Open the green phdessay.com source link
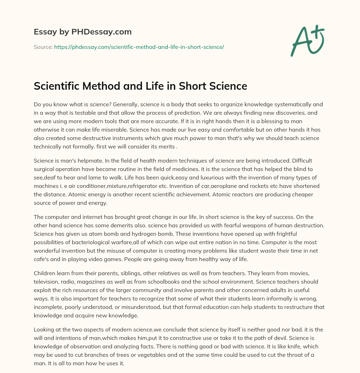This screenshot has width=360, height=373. coord(139,47)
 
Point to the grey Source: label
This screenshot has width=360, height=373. coord(43,47)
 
